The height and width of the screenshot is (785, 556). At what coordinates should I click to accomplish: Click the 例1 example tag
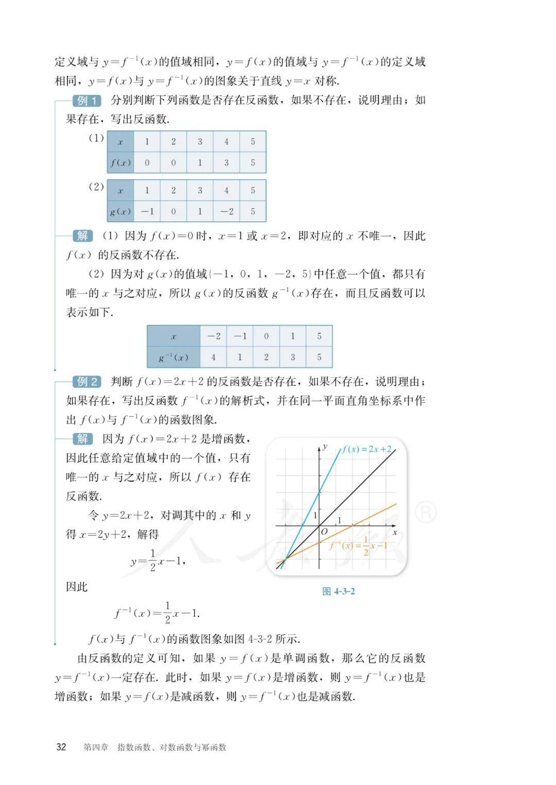[x=87, y=101]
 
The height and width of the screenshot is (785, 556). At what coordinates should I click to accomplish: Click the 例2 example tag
[x=87, y=382]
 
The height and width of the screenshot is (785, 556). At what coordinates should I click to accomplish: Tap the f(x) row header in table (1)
[x=120, y=163]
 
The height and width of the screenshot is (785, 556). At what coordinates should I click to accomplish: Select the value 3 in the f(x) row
[x=226, y=163]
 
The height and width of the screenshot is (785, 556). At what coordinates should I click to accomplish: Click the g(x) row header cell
[x=120, y=211]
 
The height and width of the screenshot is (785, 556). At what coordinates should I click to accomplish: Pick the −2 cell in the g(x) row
[x=226, y=211]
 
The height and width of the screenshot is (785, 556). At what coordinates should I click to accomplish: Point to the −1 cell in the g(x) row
[x=147, y=211]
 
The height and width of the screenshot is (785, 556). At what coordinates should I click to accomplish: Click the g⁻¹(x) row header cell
[x=173, y=357]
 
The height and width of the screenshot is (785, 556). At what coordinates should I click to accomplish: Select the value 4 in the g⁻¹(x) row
[x=213, y=357]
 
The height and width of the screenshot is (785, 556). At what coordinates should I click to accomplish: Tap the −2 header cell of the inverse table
[x=213, y=336]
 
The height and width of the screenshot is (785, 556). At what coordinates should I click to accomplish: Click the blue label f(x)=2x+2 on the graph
[x=367, y=449]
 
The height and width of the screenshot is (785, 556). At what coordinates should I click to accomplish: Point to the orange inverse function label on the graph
[x=358, y=547]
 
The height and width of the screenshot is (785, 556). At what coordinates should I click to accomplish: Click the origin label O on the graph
[x=324, y=532]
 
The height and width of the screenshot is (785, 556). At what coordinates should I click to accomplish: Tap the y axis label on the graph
[x=325, y=446]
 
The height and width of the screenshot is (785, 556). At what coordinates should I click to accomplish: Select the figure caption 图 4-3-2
[x=338, y=591]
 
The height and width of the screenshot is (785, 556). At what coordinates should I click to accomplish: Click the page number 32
[x=61, y=747]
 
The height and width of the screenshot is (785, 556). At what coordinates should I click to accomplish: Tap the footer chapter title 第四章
[x=96, y=747]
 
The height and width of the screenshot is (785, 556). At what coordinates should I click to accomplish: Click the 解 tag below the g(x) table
[x=82, y=236]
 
